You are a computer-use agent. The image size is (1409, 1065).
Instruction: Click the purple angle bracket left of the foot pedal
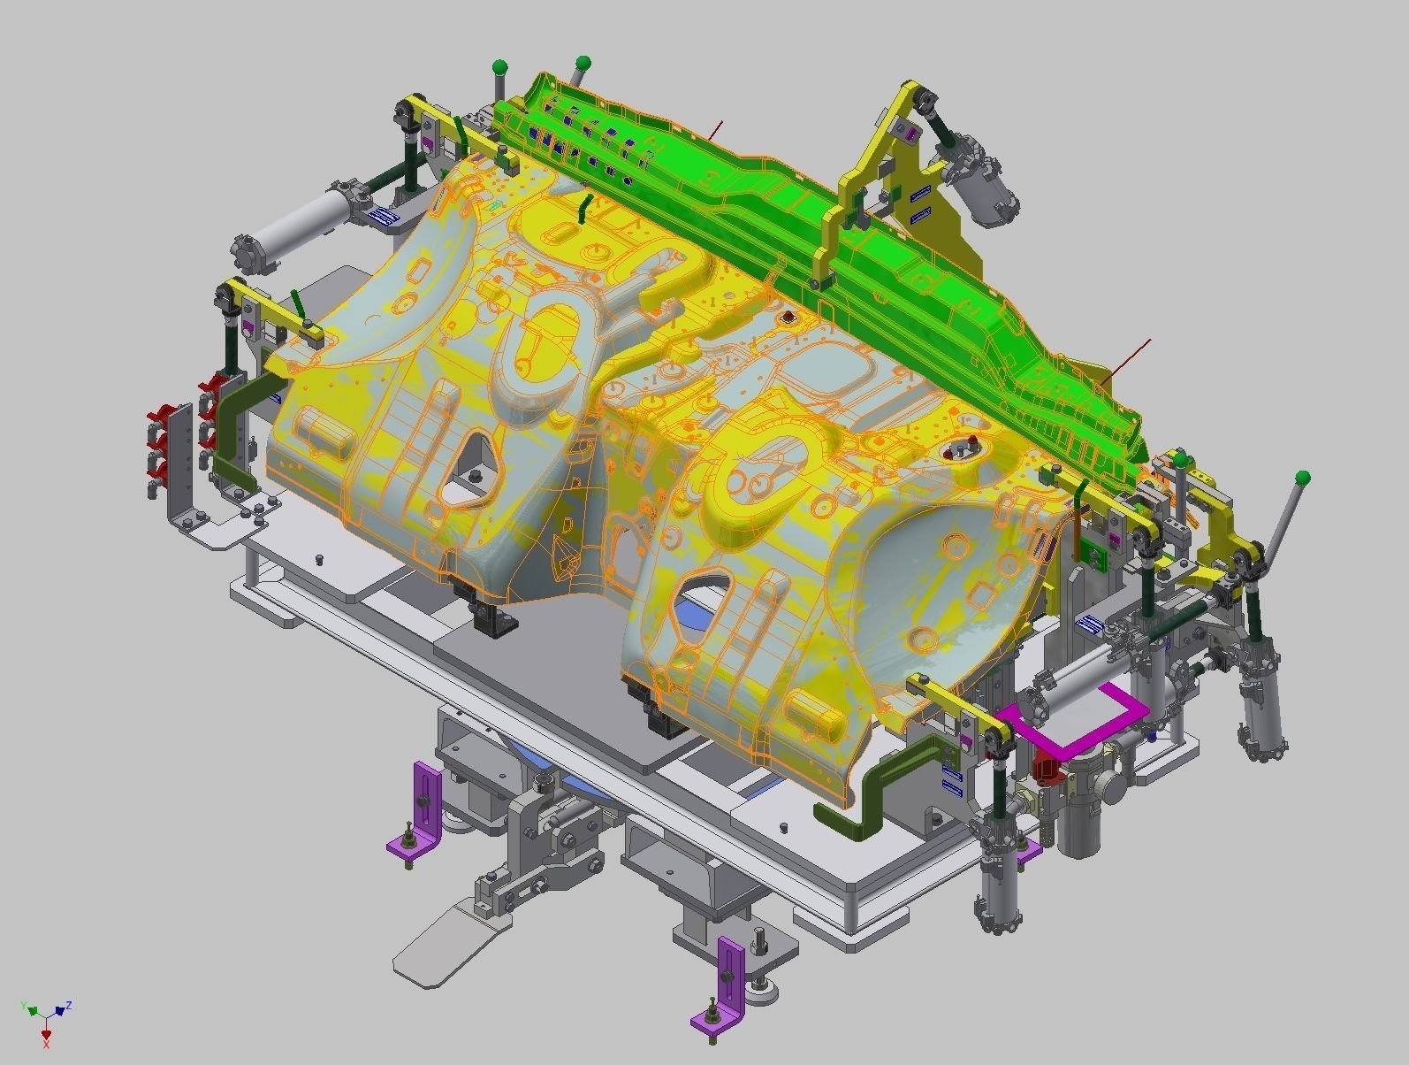[418, 814]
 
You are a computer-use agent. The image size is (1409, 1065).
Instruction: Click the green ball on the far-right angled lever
[1302, 479]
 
